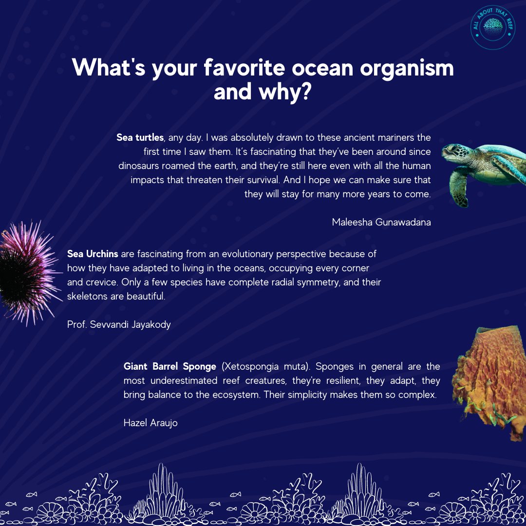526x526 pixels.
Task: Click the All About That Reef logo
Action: click(x=493, y=28)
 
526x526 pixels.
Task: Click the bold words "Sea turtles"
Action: click(x=140, y=138)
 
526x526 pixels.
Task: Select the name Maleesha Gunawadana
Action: click(x=381, y=223)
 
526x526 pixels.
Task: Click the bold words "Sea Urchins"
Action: click(x=93, y=254)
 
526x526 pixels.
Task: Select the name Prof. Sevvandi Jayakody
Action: click(x=119, y=324)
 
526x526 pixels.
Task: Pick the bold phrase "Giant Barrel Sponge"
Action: click(x=169, y=366)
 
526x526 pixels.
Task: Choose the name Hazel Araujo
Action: click(x=150, y=423)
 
